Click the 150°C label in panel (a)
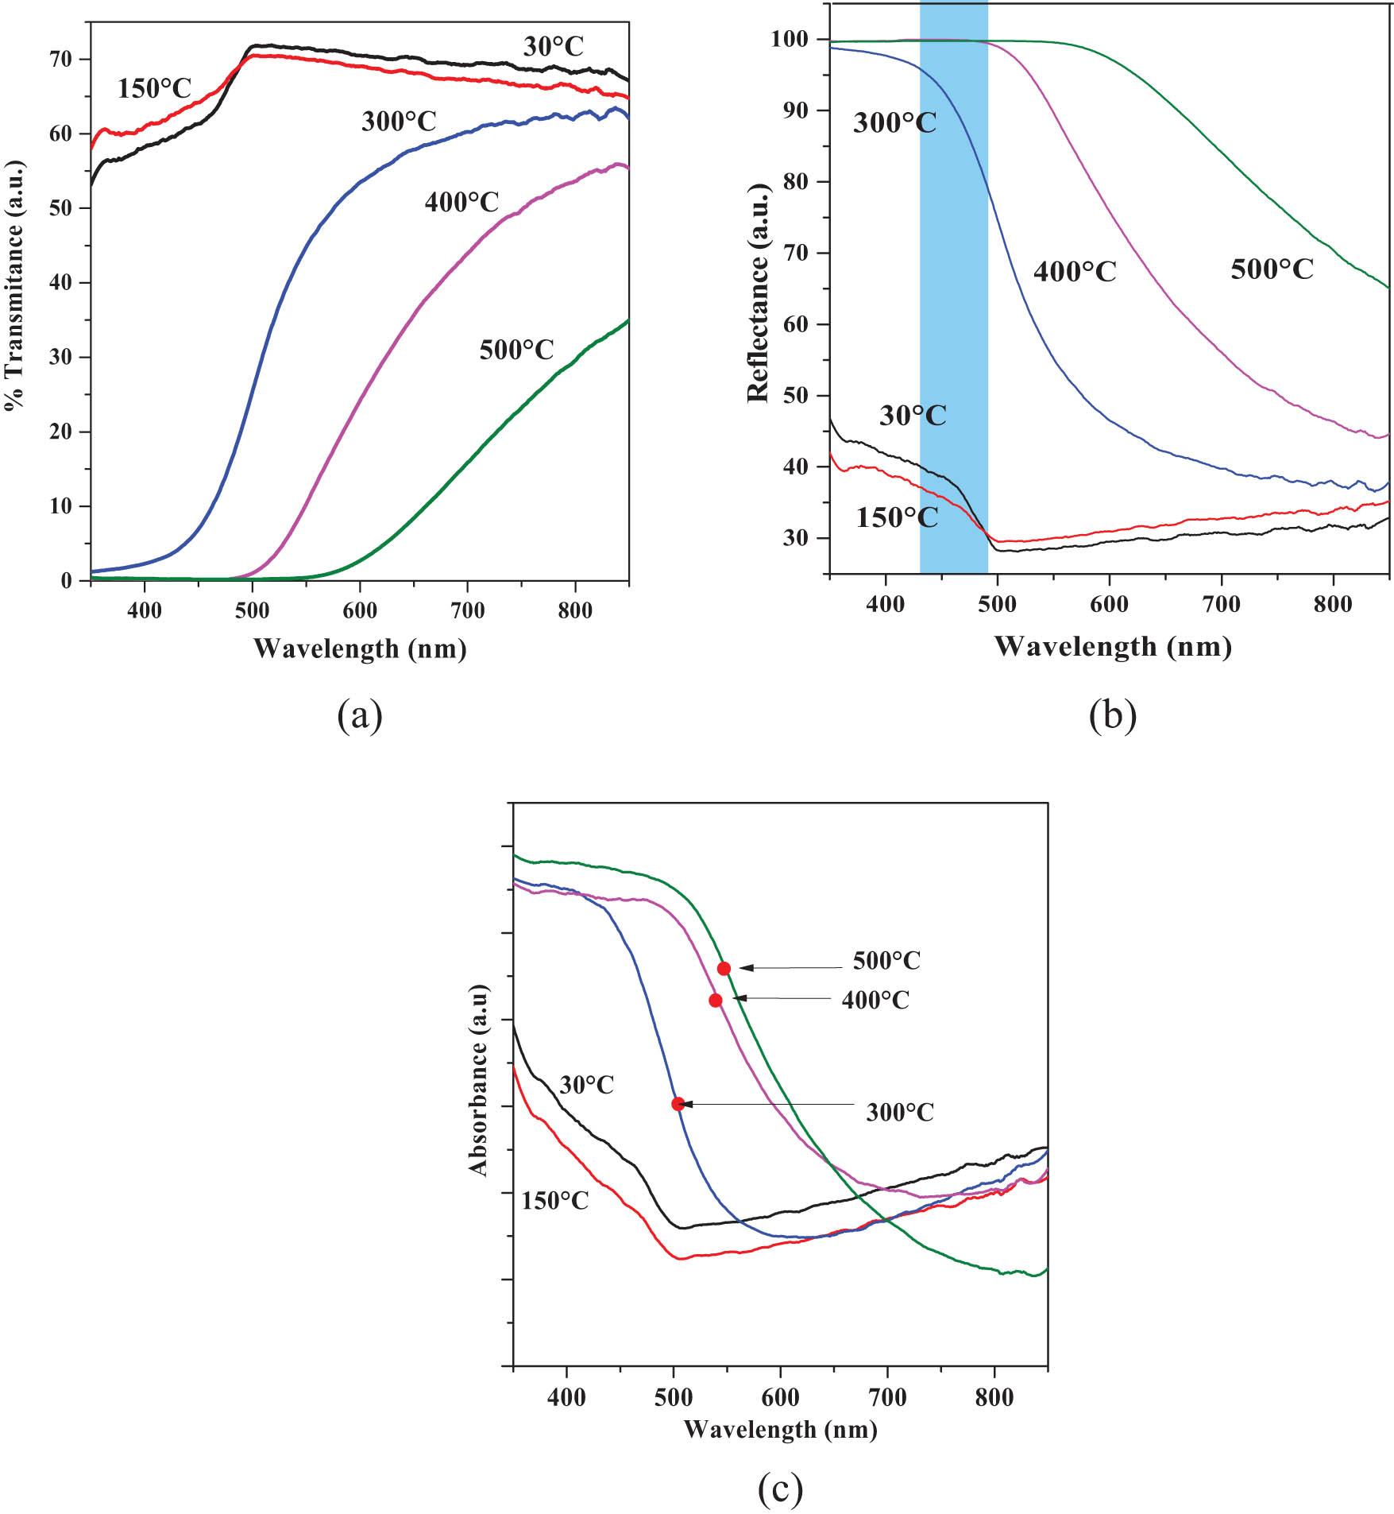pyautogui.click(x=155, y=88)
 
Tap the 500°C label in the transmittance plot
pyautogui.click(x=516, y=349)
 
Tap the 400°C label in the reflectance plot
pyautogui.click(x=1075, y=272)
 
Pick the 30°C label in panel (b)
pyautogui.click(x=913, y=415)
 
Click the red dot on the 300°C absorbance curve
pyautogui.click(x=678, y=1103)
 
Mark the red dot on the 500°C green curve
pyautogui.click(x=724, y=968)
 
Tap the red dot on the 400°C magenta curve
pyautogui.click(x=715, y=1000)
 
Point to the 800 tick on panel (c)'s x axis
pyautogui.click(x=994, y=1398)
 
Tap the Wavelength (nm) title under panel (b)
pyautogui.click(x=1112, y=646)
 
